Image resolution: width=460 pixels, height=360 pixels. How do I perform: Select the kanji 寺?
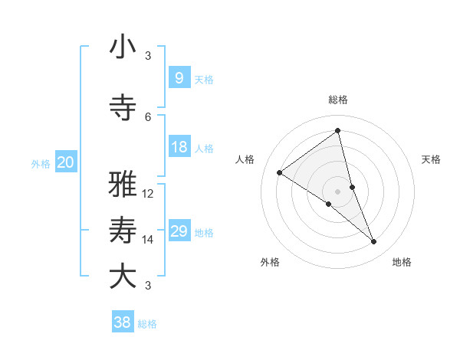coord(123,108)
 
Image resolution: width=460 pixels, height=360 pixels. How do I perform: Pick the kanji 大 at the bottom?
coord(123,277)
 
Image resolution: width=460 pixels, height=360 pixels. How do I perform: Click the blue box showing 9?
coord(179,78)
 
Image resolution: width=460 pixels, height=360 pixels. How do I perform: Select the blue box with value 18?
coord(179,147)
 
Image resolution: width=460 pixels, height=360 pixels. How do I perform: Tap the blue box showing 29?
coord(179,231)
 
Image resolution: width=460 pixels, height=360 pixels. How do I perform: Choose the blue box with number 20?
coord(66,162)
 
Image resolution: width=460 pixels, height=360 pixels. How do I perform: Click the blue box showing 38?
coord(123,323)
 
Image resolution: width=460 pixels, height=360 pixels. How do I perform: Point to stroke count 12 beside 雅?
coord(148,194)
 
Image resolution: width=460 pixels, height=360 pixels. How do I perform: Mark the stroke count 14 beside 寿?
coord(148,240)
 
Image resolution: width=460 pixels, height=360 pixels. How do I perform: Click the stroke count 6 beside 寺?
coord(148,116)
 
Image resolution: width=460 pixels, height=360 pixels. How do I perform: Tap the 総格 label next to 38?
coord(147,324)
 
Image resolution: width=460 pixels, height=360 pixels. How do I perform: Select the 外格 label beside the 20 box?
coord(41,163)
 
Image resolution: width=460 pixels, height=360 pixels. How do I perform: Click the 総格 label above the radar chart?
coord(337,100)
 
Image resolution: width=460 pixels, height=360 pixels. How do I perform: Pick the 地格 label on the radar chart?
coord(402,262)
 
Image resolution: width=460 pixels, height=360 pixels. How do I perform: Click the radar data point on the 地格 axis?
coord(374,242)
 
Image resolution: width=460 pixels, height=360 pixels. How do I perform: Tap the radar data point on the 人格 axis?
coord(279,172)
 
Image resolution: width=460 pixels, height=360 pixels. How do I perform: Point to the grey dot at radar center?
coord(337,191)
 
